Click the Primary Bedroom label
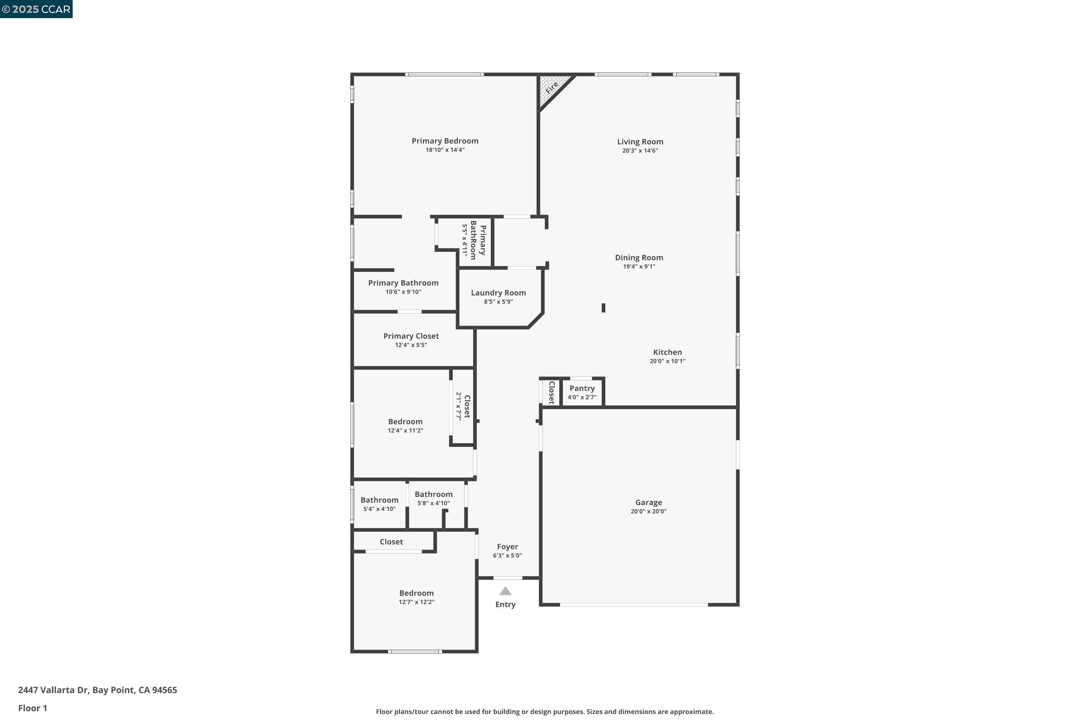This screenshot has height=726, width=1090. click(445, 141)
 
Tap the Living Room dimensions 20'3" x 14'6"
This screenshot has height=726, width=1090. click(640, 151)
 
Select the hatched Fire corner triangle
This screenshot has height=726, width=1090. click(552, 88)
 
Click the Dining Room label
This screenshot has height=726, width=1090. click(639, 257)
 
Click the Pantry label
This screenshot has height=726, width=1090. click(582, 388)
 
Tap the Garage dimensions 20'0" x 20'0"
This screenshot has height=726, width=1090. click(648, 511)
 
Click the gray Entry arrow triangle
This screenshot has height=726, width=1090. click(505, 591)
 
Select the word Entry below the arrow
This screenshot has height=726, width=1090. click(505, 604)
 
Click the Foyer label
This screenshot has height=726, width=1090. click(508, 546)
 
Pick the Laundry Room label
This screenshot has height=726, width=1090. click(498, 293)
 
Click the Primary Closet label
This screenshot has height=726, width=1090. click(411, 336)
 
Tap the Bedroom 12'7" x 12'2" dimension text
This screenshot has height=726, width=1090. click(416, 602)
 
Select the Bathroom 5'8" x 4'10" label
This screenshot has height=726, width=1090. click(433, 494)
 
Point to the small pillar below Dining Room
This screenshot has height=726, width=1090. click(603, 308)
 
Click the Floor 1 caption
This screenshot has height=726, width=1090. click(32, 708)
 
